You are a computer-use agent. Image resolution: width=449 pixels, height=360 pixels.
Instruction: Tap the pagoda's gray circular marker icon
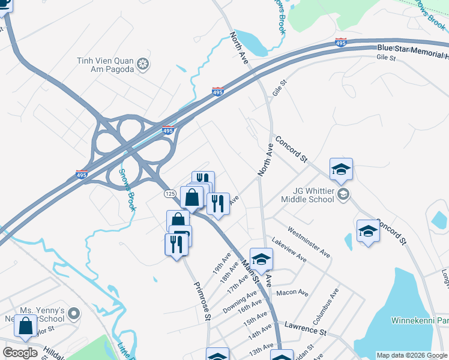(143, 64)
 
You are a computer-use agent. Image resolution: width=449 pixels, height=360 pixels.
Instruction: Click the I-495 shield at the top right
(340, 43)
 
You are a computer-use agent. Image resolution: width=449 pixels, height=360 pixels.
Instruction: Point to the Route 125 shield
(169, 194)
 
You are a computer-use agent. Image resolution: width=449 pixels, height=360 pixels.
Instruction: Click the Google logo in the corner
(20, 353)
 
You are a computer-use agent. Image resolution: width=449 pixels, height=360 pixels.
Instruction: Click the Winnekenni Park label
(419, 320)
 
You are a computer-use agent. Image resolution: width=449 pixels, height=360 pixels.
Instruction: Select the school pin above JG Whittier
(341, 169)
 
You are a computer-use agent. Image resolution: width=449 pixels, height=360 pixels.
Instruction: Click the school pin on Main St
(261, 259)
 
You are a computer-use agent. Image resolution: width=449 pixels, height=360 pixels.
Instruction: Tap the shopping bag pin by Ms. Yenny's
(26, 326)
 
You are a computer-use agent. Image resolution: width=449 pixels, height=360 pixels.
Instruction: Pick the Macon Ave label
(292, 293)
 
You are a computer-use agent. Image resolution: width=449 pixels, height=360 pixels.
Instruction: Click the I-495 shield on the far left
(83, 175)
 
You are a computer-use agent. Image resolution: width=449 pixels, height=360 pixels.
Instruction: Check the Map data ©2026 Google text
(412, 355)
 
